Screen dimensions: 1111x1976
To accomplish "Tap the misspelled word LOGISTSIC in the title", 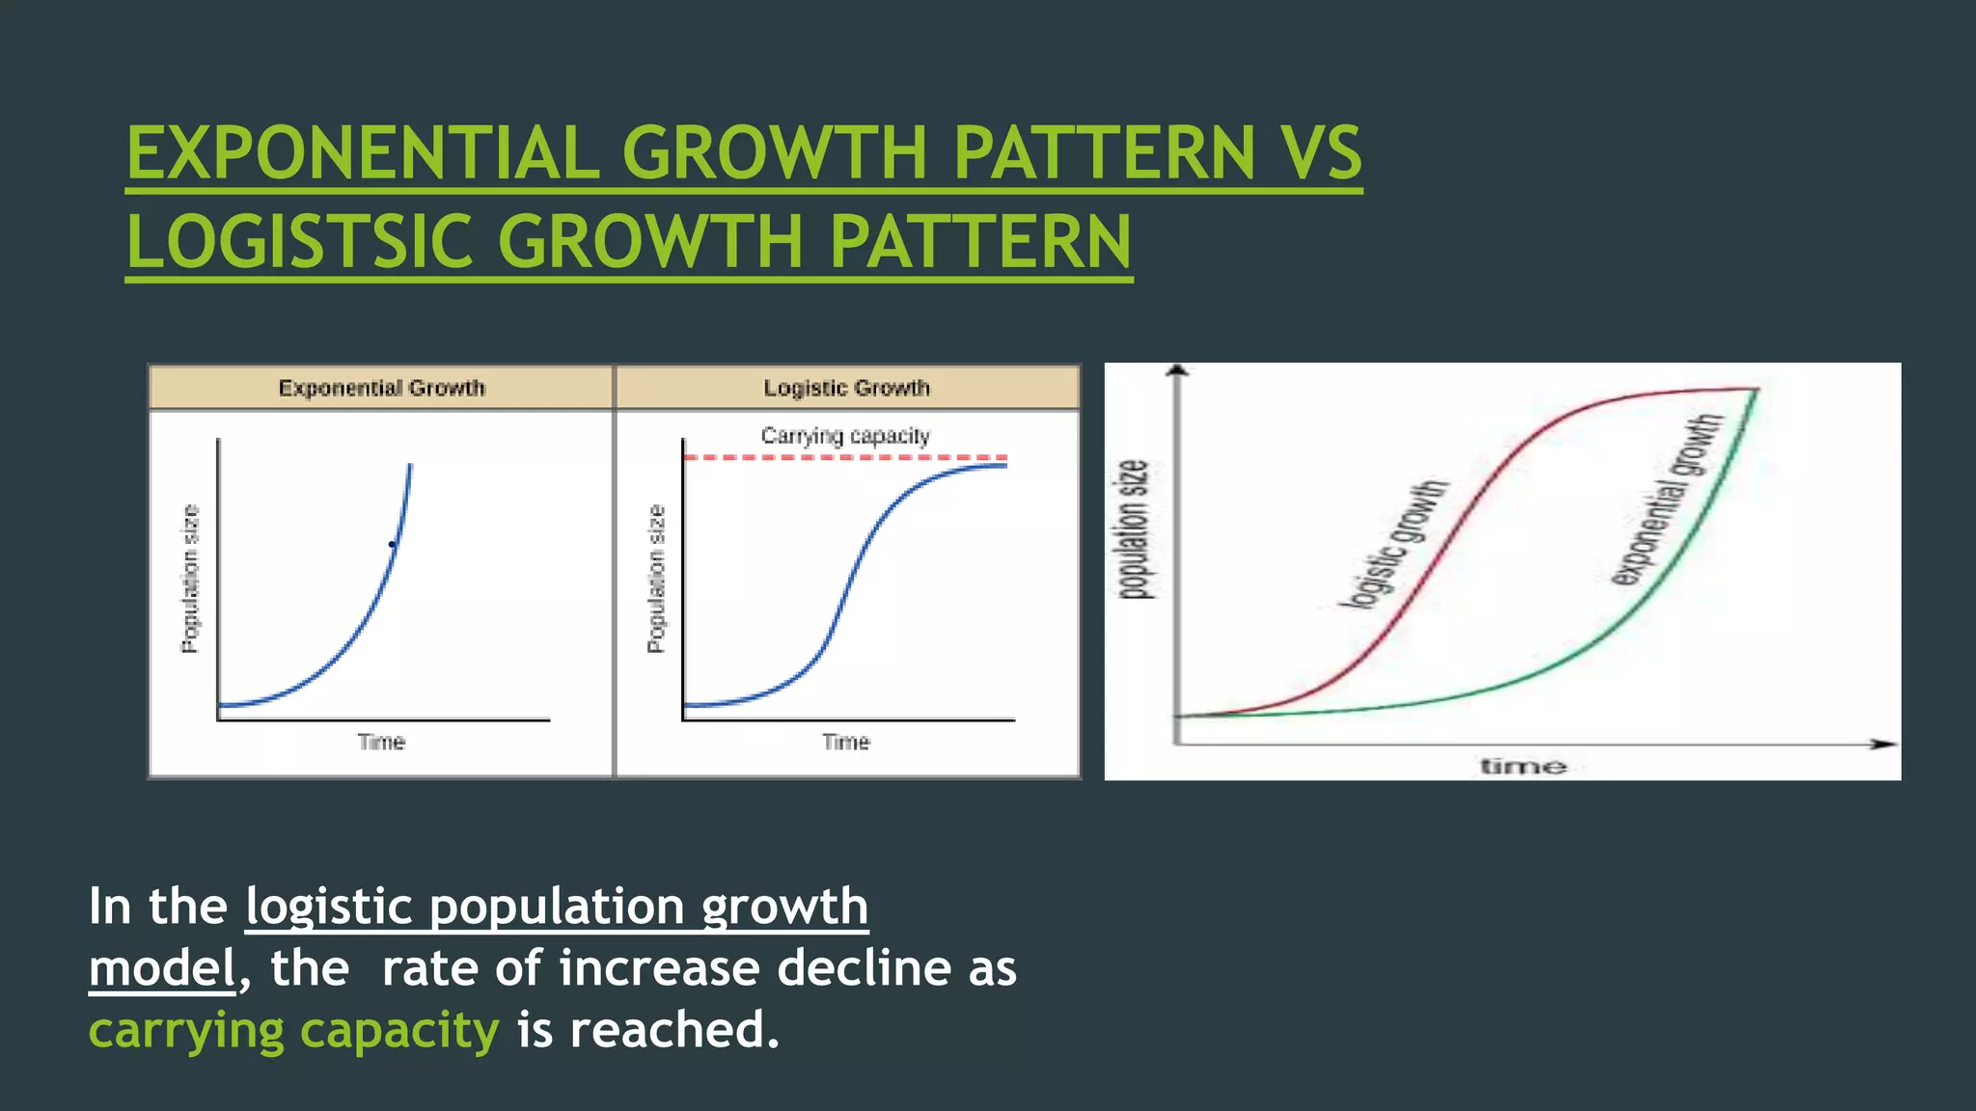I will point(299,241).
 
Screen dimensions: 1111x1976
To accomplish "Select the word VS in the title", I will point(1321,153).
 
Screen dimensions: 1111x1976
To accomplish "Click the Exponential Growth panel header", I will point(381,388).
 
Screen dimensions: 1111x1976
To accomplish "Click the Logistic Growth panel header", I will point(846,388).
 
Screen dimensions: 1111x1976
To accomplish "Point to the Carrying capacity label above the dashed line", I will point(845,436).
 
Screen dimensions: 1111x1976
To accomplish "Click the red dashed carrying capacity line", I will point(845,457).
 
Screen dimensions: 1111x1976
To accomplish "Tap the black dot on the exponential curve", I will point(392,545).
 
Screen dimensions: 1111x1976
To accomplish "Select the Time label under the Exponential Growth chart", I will point(381,742).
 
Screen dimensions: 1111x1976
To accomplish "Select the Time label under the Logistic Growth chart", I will point(846,742).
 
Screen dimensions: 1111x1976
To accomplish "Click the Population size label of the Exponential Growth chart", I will point(191,579).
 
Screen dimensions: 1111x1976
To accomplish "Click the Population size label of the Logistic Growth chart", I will point(656,579).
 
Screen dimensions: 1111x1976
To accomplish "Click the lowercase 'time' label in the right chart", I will point(1523,767).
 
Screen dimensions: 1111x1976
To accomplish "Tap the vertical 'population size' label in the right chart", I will point(1135,530).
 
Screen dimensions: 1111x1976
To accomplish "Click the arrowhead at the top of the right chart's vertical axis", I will point(1176,370).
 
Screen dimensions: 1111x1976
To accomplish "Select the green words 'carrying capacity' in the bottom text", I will point(294,1030).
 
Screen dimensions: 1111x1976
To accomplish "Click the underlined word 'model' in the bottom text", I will point(162,968).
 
